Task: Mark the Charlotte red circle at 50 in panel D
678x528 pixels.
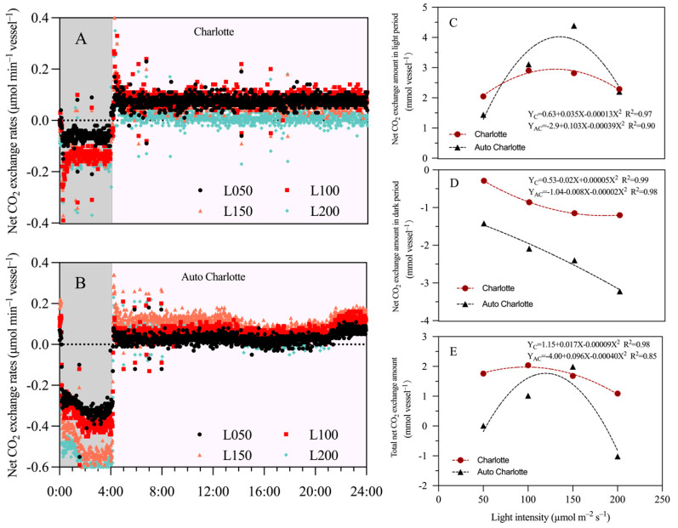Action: (x=484, y=181)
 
